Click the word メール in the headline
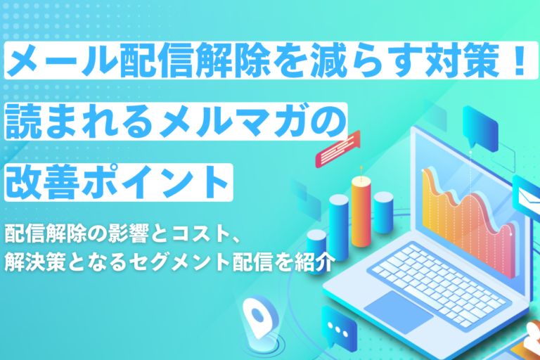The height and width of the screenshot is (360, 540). [x=62, y=60]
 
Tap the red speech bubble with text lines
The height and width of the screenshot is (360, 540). [x=337, y=149]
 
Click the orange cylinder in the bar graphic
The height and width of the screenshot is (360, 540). [x=361, y=212]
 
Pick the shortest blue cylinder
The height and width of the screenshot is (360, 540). [x=316, y=250]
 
